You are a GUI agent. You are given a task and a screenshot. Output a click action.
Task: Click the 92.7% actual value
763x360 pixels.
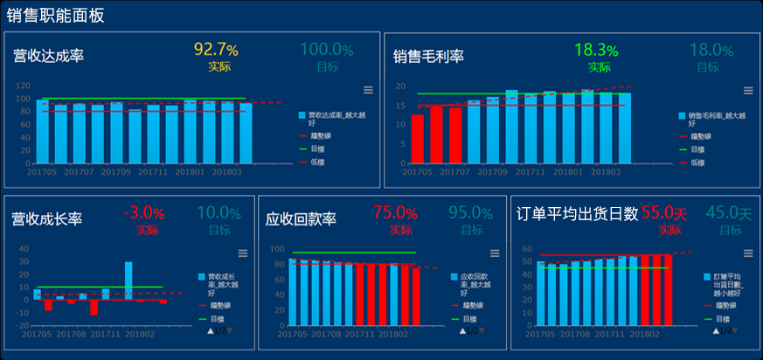point(216,49)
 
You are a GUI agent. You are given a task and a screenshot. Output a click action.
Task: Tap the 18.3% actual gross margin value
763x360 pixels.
point(597,50)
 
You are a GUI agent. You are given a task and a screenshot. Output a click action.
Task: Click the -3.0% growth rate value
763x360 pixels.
point(144,212)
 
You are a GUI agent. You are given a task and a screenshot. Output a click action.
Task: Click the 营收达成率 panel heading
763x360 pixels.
point(48,56)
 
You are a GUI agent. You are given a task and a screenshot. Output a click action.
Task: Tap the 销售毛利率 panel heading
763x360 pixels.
point(428,56)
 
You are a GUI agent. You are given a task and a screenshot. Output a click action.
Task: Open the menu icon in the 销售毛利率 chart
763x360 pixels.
point(748,89)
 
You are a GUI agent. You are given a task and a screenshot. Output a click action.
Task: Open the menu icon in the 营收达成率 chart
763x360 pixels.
point(368,89)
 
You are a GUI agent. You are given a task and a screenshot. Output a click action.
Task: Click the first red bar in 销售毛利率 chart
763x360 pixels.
point(418,139)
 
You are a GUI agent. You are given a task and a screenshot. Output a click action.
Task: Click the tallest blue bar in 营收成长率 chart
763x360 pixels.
point(128,280)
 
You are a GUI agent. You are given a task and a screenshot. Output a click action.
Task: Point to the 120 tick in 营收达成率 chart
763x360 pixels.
point(23,86)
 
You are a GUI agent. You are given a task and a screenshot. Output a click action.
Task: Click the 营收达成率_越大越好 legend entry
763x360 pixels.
point(332,119)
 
